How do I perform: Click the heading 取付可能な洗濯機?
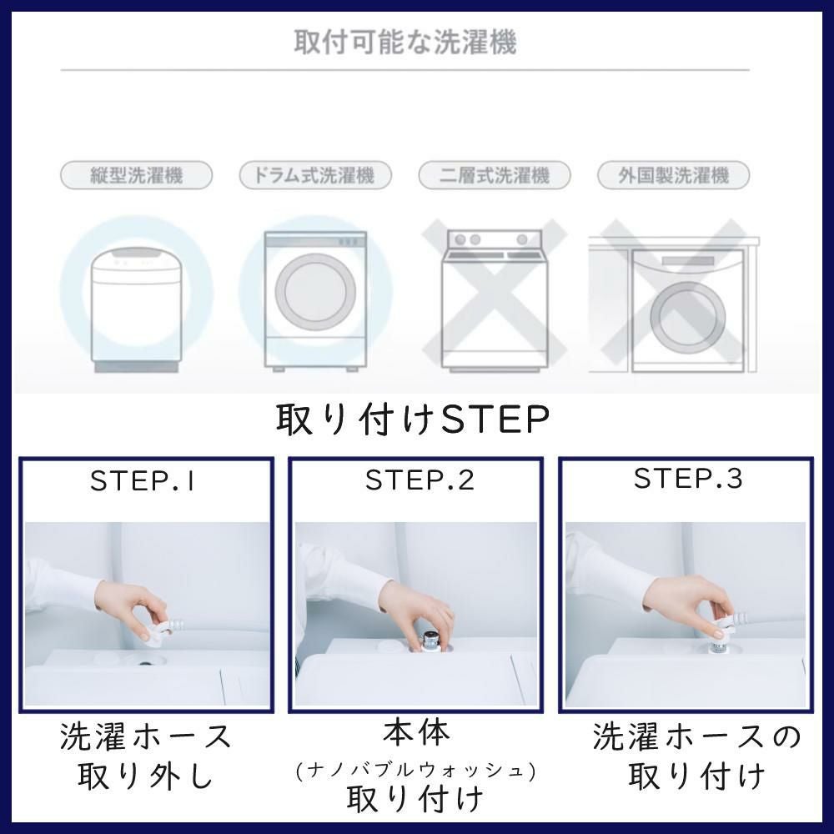(405, 43)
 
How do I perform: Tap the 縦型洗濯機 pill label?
(136, 175)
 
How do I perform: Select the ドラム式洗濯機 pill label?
(315, 175)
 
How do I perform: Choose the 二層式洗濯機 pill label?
(494, 175)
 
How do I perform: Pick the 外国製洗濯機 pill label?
(673, 175)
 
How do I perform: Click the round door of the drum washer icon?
(315, 291)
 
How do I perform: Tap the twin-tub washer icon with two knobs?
(495, 300)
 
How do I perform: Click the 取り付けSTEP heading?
(412, 420)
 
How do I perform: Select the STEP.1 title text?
(143, 481)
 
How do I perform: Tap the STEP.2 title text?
(420, 480)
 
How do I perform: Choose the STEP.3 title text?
(688, 478)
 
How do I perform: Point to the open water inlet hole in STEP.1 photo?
(144, 664)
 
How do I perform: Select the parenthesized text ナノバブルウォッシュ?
(415, 770)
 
